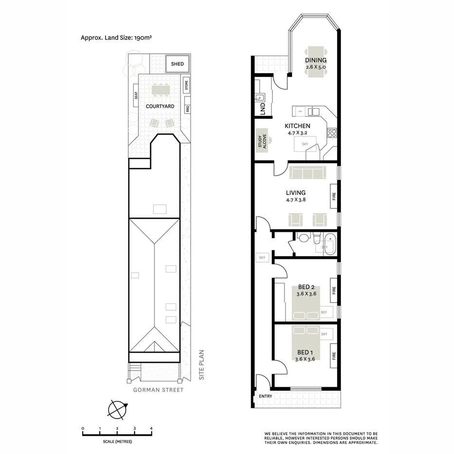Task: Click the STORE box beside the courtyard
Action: pyautogui.click(x=186, y=85)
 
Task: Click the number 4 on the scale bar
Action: pyautogui.click(x=151, y=428)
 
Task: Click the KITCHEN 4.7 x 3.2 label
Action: pyautogui.click(x=297, y=129)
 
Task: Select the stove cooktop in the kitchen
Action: pyautogui.click(x=332, y=132)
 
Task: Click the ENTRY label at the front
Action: pyautogui.click(x=265, y=396)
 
